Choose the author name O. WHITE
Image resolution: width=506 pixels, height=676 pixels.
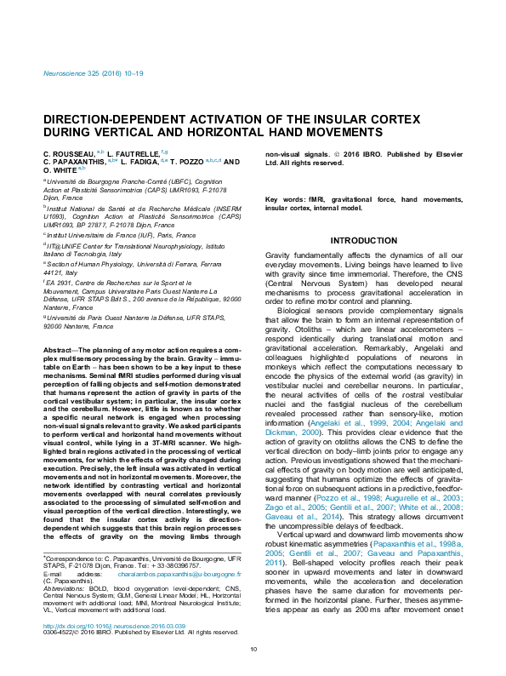(x=60, y=169)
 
